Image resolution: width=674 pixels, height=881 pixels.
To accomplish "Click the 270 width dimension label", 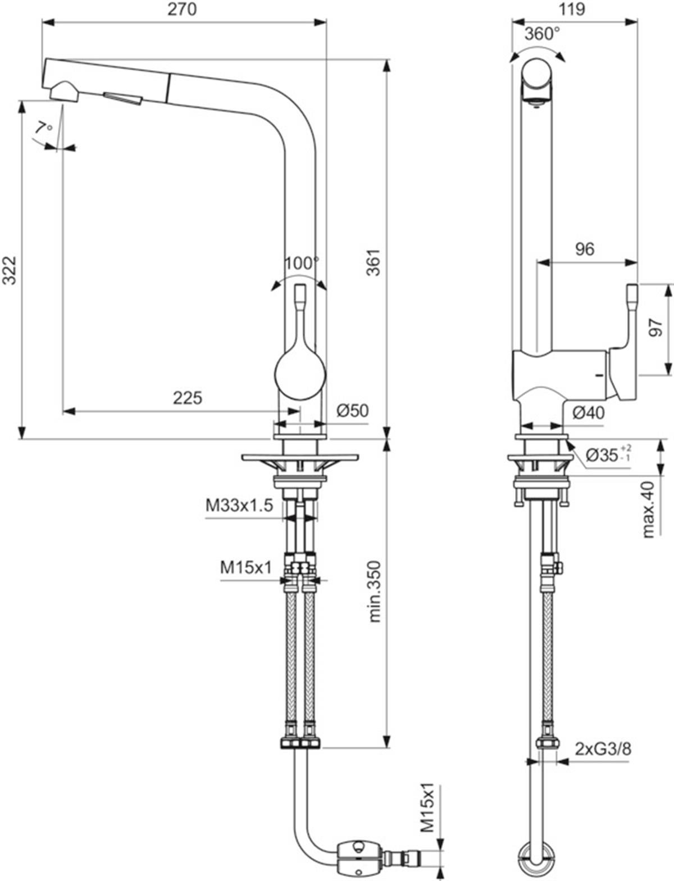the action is coord(182,9).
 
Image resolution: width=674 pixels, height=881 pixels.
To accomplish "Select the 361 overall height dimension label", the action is coord(374,263).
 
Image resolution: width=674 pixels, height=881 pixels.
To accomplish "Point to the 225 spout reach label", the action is coord(188,398).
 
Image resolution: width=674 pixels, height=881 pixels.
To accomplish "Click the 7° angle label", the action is coord(43,128).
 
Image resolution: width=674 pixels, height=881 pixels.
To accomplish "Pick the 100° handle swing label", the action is coord(302,264).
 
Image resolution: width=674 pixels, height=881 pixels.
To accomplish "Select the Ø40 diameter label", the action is coord(588,412).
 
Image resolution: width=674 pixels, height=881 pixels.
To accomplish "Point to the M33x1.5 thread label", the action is coord(239,505).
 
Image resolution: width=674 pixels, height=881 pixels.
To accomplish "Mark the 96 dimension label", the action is coord(585,249).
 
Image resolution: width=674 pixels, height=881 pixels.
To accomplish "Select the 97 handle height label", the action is coord(655,328).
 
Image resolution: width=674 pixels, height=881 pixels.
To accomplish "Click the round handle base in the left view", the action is coord(300,374).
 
